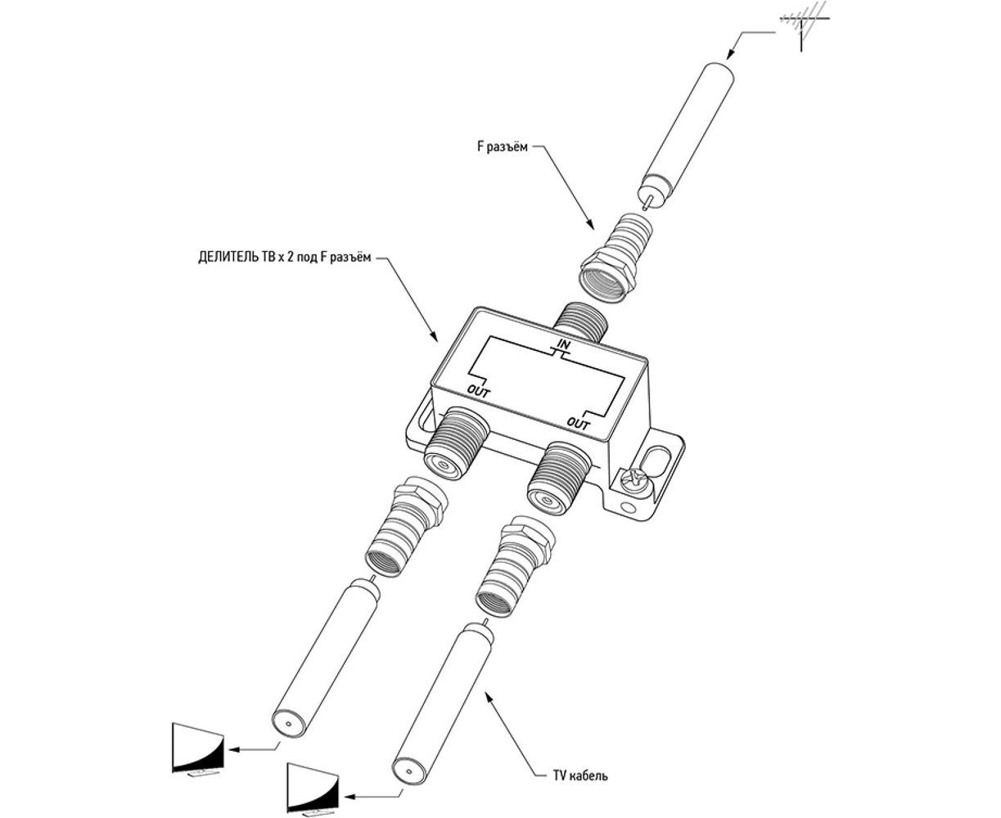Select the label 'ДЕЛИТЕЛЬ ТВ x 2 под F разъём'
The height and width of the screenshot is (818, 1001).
(284, 256)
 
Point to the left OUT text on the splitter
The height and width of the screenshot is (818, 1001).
(479, 390)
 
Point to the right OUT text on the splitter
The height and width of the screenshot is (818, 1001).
(579, 423)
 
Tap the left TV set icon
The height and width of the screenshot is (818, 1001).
(197, 748)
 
